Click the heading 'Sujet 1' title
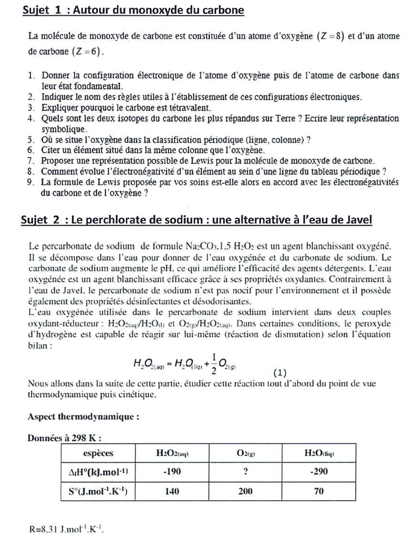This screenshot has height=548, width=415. [133, 10]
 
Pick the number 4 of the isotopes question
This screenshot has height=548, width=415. [31, 118]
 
